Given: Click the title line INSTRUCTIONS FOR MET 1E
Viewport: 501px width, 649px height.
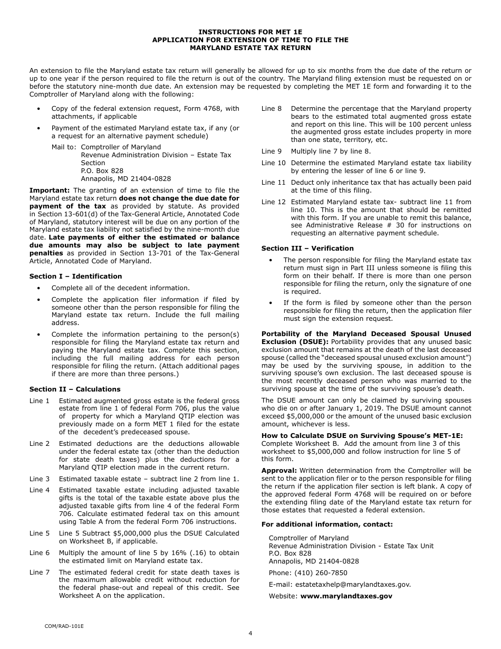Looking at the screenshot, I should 250,32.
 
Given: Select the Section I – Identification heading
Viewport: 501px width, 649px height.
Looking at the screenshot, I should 75,276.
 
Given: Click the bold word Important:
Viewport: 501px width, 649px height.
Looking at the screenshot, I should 50,190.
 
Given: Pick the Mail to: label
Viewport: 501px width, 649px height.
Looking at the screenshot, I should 64,147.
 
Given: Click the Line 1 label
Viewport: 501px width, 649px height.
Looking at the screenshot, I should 40,401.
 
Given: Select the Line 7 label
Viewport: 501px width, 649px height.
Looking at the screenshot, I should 40,572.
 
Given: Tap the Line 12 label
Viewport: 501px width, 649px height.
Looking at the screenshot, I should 273,202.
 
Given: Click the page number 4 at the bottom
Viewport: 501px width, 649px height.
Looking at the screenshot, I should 250,634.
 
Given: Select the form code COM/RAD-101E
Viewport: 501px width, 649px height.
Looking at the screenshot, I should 64,626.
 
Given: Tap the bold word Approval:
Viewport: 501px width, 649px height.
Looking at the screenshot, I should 279,470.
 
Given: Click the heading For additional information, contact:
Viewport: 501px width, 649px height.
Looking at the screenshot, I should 327,524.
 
